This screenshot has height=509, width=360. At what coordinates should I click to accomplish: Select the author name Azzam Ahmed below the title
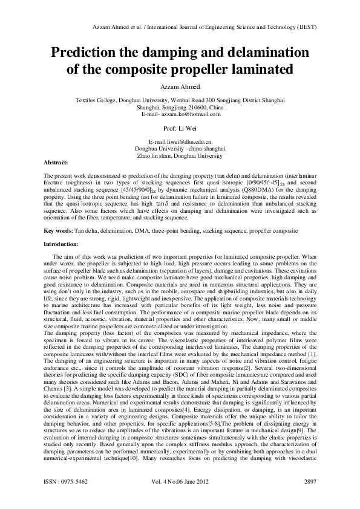180,87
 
